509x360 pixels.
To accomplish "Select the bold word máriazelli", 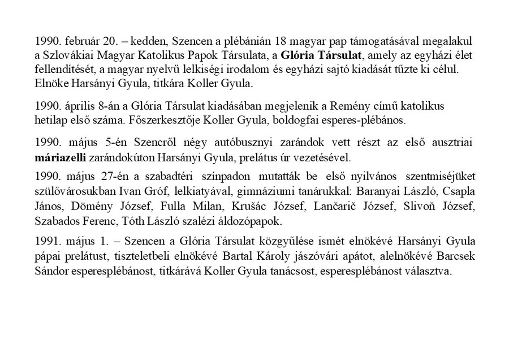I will tap(58, 156).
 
